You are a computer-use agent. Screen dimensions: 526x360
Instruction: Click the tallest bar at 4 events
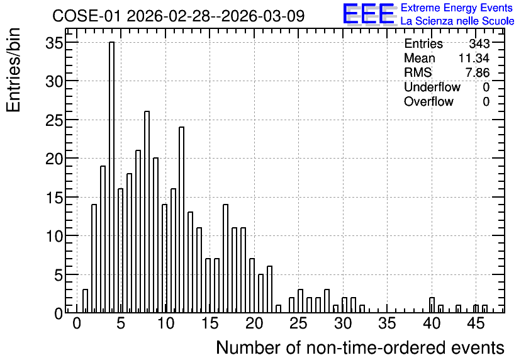[112, 177]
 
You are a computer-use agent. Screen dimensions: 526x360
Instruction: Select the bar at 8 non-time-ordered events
[147, 212]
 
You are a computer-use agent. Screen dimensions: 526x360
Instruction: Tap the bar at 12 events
[181, 220]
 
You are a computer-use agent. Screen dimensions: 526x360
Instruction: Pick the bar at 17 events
[225, 259]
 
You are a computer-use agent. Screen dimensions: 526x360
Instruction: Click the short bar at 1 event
[85, 301]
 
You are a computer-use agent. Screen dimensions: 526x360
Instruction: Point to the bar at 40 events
[432, 305]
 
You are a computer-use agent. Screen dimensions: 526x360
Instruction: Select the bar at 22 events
[269, 290]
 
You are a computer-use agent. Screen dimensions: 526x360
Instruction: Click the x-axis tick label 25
[298, 323]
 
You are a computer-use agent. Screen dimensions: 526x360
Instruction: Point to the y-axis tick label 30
[54, 82]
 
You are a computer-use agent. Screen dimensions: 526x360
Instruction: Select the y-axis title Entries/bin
[13, 70]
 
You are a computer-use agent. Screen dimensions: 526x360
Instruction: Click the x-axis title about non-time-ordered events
[360, 347]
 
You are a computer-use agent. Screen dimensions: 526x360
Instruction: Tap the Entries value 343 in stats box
[479, 43]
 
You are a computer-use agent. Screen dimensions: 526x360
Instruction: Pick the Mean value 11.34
[474, 58]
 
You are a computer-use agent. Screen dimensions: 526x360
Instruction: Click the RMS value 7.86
[478, 72]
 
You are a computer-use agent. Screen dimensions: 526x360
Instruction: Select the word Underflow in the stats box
[432, 87]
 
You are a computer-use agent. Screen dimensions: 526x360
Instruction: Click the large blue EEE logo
[369, 14]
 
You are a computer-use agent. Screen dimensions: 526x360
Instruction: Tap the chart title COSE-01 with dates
[179, 16]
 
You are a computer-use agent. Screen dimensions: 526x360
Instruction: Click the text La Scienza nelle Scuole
[457, 21]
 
